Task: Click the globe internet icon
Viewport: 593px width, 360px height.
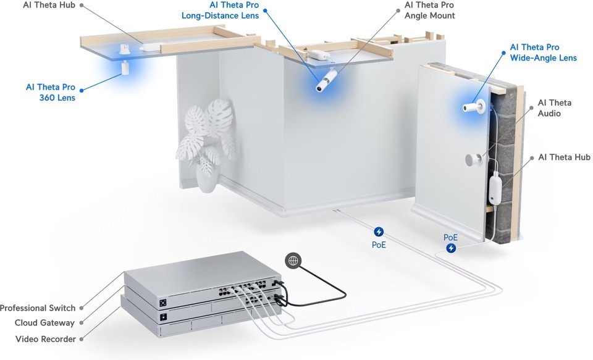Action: (293, 261)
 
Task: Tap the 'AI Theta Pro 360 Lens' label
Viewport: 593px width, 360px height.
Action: (50, 92)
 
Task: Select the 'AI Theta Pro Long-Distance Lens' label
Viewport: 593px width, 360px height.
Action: (220, 10)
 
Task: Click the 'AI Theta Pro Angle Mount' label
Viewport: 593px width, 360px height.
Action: (430, 10)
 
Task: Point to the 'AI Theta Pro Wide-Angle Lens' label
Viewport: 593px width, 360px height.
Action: (543, 52)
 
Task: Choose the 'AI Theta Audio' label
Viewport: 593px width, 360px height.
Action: (555, 108)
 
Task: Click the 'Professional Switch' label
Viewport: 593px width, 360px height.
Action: (38, 308)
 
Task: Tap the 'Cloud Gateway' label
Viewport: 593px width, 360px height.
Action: (44, 323)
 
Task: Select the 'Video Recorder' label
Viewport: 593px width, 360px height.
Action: (45, 339)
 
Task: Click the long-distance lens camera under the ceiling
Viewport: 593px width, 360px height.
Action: (326, 80)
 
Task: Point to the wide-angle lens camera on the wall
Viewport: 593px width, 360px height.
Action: (474, 106)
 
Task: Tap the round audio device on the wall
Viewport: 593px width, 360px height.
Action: (473, 159)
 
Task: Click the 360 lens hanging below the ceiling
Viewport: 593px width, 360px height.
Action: (124, 69)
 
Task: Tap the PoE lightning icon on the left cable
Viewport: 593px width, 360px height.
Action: (379, 232)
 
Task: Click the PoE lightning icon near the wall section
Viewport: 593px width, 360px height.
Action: (451, 248)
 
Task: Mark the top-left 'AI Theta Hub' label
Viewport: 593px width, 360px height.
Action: (49, 5)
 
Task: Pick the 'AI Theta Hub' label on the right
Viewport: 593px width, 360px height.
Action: (564, 157)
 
